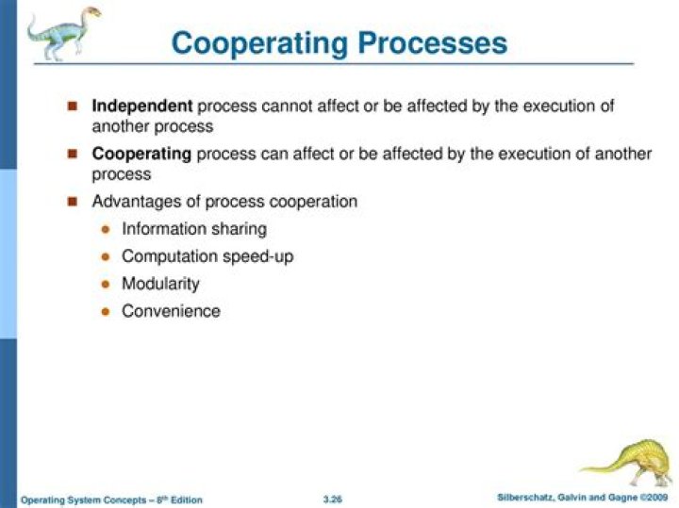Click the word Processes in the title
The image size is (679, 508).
pos(429,42)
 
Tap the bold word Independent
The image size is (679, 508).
pos(141,107)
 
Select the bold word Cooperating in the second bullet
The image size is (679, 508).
pos(141,154)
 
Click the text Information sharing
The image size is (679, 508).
pos(194,229)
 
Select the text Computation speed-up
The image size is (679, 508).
pos(207,256)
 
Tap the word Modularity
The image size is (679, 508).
pos(160,284)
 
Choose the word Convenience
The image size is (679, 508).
pos(171,311)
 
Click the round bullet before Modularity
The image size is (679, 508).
pos(105,284)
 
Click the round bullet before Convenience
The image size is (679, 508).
pos(105,311)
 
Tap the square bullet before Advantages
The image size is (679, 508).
pos(73,201)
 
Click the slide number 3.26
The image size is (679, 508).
pos(331,498)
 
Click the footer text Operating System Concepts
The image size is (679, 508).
pos(75,499)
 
